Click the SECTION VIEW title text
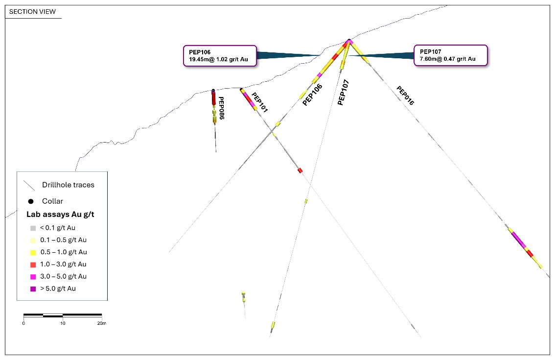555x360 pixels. tap(32, 12)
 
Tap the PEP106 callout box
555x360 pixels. tap(220, 56)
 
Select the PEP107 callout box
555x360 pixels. tap(451, 55)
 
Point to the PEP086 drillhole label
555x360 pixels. tap(221, 108)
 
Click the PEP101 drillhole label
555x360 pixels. tap(259, 102)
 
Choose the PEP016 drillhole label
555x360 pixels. tap(405, 96)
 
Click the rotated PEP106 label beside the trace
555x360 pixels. tap(312, 95)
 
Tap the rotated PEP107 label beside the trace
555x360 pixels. tap(344, 93)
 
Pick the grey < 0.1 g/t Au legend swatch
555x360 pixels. tap(33, 228)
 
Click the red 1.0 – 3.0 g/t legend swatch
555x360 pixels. tap(33, 264)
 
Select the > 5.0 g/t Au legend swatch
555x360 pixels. tap(33, 289)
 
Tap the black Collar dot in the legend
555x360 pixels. tap(31, 201)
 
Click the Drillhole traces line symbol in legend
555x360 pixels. tap(29, 185)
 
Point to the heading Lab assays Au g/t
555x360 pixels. tap(60, 215)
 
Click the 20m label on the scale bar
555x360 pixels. tap(102, 323)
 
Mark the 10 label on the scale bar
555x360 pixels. tap(63, 323)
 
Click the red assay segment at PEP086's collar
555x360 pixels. tap(213, 97)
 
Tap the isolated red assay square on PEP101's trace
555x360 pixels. tap(300, 170)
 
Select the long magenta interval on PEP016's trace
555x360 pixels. tap(519, 240)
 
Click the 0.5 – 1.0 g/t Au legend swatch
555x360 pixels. tap(33, 253)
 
